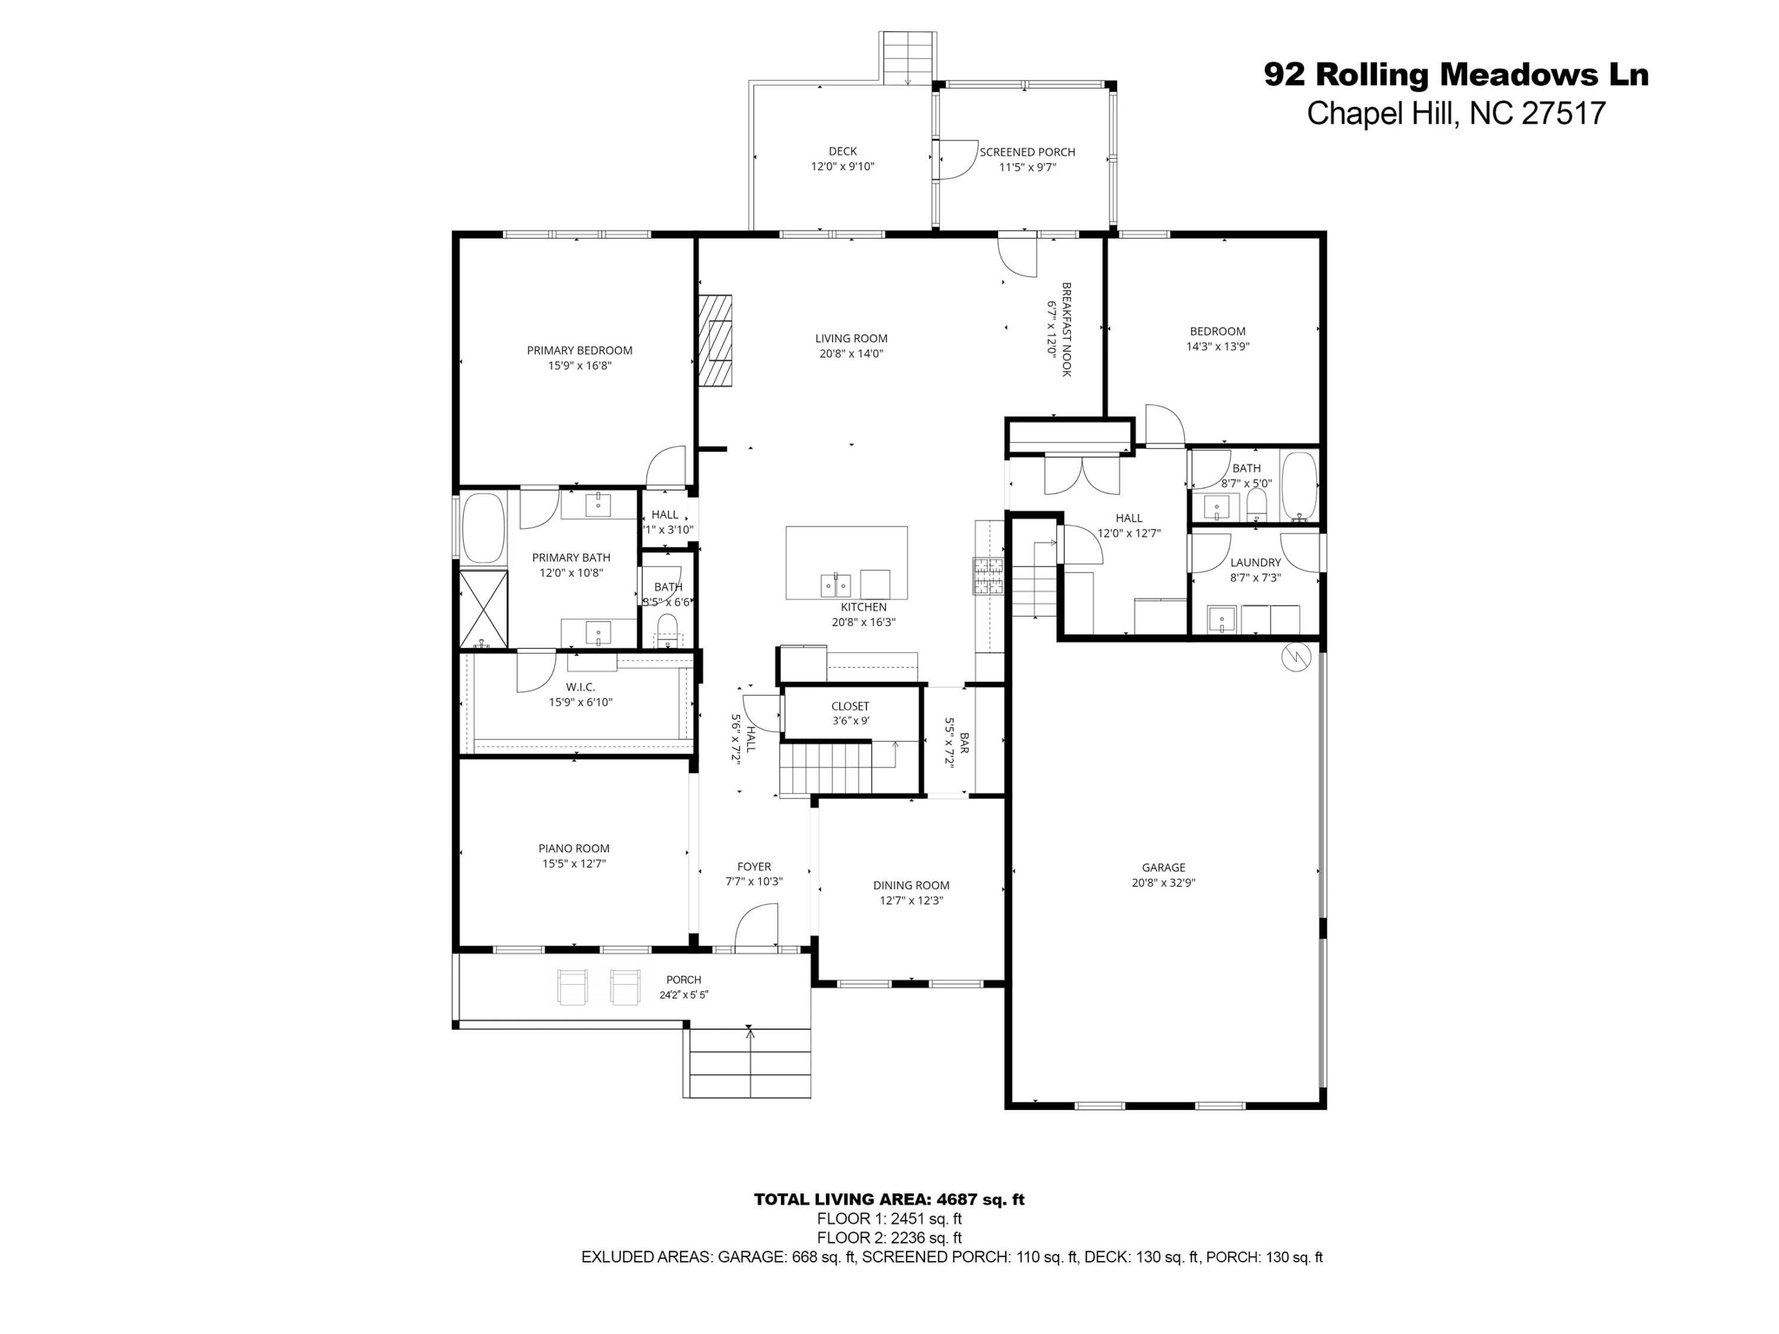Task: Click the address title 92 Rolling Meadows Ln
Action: click(1455, 75)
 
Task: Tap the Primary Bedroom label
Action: click(579, 351)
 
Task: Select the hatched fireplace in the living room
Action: click(715, 340)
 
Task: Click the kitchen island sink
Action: click(836, 585)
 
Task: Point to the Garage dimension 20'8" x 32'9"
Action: click(1163, 882)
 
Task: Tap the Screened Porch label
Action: click(1027, 152)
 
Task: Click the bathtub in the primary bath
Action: click(483, 528)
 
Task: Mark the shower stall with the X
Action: click(483, 609)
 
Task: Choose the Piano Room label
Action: click(573, 849)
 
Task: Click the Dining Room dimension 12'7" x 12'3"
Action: click(911, 901)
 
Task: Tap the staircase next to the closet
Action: click(825, 768)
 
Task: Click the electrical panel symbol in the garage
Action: click(1295, 657)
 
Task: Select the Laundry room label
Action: click(1255, 563)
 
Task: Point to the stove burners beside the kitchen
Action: click(988, 576)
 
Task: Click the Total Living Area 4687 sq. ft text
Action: click(889, 1199)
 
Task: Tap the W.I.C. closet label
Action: click(579, 687)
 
